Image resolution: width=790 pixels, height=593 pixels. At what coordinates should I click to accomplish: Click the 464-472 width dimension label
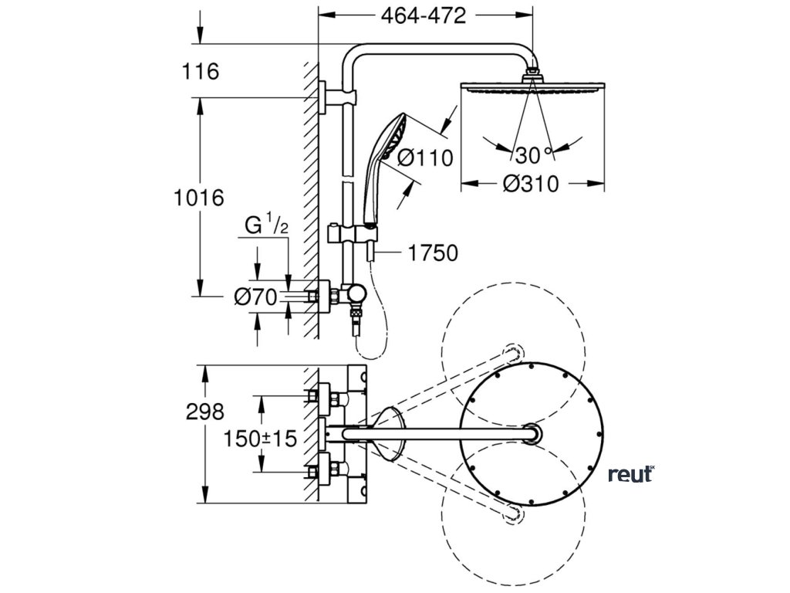424,15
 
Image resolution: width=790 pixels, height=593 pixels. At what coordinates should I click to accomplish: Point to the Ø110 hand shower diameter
425,158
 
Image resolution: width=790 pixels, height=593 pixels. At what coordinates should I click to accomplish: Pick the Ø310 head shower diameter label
531,185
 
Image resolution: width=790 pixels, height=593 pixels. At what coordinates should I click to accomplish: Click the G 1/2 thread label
266,225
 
